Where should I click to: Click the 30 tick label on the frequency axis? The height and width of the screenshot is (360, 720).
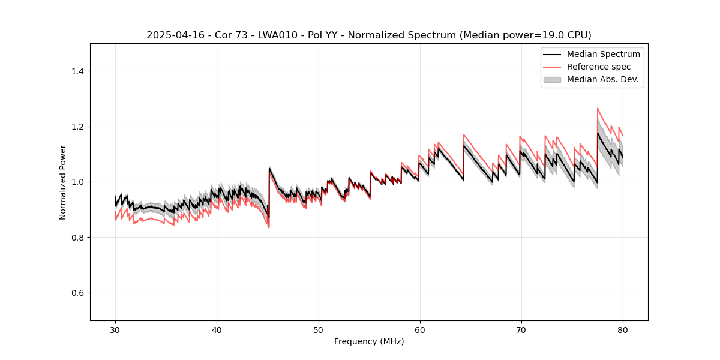(x=115, y=329)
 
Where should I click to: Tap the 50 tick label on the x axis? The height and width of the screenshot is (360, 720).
(x=318, y=329)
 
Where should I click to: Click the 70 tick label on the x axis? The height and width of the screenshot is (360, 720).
(x=521, y=329)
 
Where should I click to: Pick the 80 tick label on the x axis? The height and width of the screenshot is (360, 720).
(x=623, y=329)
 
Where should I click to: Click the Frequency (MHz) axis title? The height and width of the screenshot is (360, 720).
(x=369, y=341)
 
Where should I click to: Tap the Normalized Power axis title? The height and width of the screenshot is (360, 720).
(x=63, y=182)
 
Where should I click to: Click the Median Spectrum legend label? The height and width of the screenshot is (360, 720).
(x=603, y=54)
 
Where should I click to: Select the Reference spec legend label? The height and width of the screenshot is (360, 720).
(x=599, y=67)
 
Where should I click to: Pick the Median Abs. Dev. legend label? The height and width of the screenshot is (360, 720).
(x=602, y=79)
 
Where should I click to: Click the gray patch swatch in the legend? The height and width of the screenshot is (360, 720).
(x=552, y=79)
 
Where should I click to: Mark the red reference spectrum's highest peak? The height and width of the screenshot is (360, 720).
(x=598, y=109)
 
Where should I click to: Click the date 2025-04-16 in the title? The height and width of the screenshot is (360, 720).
(x=171, y=35)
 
